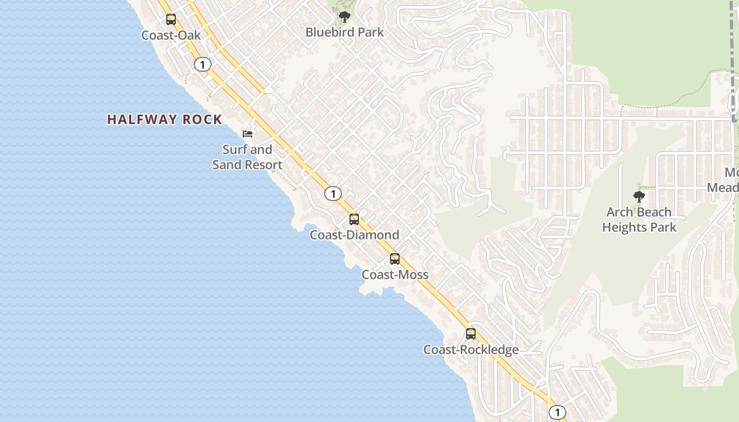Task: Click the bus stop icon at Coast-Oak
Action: click(x=171, y=20)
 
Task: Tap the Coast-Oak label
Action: click(x=171, y=35)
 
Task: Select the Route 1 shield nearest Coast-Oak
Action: click(x=203, y=64)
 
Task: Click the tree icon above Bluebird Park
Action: click(x=345, y=17)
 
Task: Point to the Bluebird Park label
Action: click(x=345, y=32)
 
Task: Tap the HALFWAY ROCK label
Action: click(x=165, y=120)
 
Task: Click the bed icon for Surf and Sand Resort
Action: click(x=248, y=134)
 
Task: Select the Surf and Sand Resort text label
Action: click(x=247, y=157)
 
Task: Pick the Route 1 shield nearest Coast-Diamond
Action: click(x=333, y=194)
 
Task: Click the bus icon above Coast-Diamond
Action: click(x=354, y=219)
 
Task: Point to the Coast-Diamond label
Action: click(x=354, y=235)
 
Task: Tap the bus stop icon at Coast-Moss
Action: click(x=395, y=259)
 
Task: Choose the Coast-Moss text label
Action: click(x=395, y=275)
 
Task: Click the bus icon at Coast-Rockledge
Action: click(x=471, y=334)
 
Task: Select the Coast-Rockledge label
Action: click(x=471, y=350)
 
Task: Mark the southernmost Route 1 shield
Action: click(x=557, y=412)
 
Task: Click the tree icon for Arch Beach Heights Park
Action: click(x=639, y=197)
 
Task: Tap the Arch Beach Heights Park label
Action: click(x=639, y=219)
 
